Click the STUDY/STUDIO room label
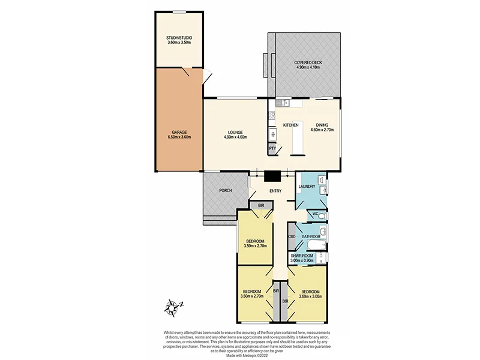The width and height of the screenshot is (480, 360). tap(179, 38)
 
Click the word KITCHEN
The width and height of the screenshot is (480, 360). tap(291, 125)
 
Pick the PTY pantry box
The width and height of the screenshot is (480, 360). tap(272, 148)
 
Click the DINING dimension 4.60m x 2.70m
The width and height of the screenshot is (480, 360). tap(322, 130)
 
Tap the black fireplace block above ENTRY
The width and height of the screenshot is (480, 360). tap(273, 176)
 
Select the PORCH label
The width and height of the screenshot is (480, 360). tap(225, 191)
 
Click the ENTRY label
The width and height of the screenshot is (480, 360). tap(275, 191)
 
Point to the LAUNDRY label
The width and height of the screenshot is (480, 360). tap(307, 187)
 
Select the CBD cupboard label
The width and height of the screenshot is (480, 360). tap(292, 237)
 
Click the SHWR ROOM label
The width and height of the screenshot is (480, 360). tap(302, 256)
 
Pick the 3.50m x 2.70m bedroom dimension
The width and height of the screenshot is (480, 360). tap(256, 246)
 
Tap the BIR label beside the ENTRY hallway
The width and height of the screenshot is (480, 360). tap(260, 206)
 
